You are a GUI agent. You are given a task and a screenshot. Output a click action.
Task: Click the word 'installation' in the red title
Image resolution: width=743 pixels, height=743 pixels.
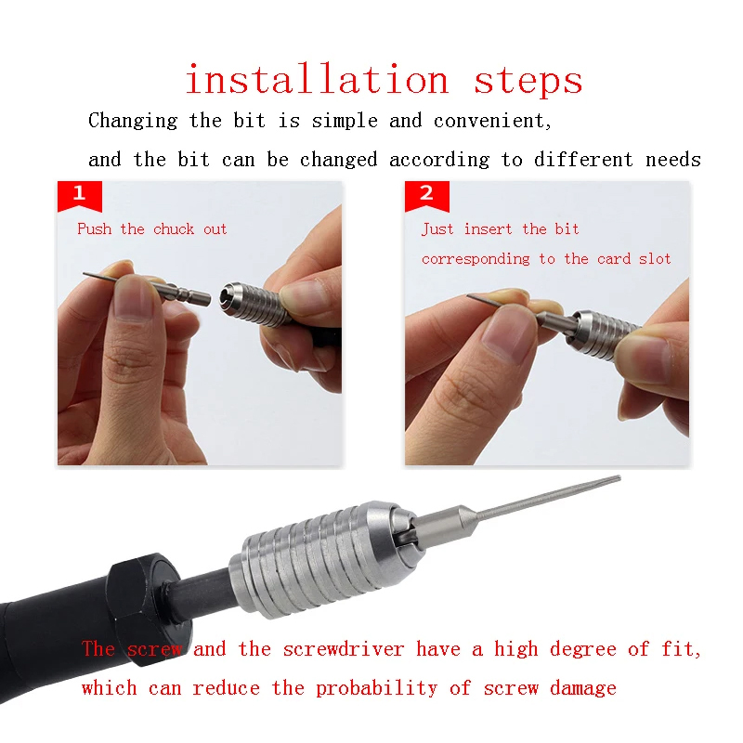(x=317, y=79)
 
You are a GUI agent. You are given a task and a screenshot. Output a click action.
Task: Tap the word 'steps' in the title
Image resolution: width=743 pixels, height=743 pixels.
(x=528, y=82)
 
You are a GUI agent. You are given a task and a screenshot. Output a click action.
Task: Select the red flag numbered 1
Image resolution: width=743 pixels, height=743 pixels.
(x=80, y=196)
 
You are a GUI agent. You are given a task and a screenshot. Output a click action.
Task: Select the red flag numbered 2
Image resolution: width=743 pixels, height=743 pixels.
(x=426, y=196)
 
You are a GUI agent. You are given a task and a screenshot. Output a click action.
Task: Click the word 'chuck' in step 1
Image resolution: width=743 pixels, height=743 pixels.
(x=174, y=228)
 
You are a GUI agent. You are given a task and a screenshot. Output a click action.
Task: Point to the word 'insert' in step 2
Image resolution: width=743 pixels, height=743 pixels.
(x=488, y=229)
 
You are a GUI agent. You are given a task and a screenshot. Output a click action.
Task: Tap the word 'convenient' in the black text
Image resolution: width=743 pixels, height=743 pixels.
(x=493, y=121)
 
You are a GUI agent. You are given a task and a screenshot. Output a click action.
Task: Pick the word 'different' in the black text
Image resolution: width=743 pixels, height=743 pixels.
(x=583, y=159)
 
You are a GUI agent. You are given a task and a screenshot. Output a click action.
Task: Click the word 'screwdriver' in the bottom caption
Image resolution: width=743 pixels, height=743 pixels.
(x=344, y=648)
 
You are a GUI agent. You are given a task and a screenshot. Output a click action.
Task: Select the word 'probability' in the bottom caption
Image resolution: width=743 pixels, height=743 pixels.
(x=377, y=688)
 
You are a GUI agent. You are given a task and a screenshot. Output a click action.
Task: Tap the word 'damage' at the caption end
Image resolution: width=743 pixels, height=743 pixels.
(x=583, y=689)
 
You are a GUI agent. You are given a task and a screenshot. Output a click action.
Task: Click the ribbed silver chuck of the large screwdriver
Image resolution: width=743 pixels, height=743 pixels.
(x=322, y=559)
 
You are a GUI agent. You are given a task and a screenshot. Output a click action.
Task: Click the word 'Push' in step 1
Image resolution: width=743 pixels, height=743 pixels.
(x=95, y=228)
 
